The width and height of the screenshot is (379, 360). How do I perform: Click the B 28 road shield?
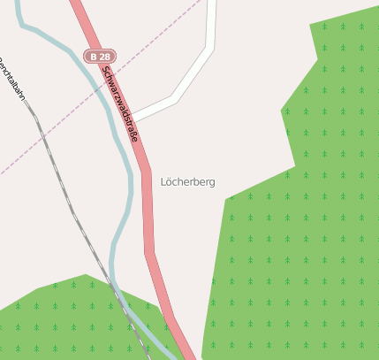pos(100,57)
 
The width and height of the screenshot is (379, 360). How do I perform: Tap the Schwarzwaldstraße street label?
pos(120,103)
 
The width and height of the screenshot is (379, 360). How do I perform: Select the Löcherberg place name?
pos(187,181)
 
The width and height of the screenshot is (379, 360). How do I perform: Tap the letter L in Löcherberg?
pos(164,181)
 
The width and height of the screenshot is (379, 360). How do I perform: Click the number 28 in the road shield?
pos(105,57)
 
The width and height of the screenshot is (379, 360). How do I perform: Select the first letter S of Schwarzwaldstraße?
pos(105,70)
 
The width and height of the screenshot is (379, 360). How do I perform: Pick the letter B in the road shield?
pos(93,57)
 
